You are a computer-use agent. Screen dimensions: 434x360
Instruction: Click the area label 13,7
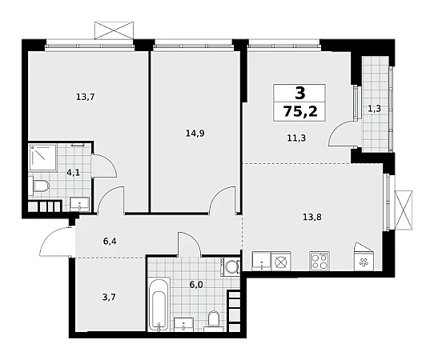pyautogui.click(x=85, y=97)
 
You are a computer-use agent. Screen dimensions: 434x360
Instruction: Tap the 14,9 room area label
pyautogui.click(x=195, y=134)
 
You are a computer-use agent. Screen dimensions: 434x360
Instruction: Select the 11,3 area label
pyautogui.click(x=296, y=138)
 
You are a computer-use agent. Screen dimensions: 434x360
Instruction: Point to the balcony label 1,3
pyautogui.click(x=375, y=109)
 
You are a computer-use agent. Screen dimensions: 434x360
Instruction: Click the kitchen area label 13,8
pyautogui.click(x=312, y=217)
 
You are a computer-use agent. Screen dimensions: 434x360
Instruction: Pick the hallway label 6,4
pyautogui.click(x=110, y=242)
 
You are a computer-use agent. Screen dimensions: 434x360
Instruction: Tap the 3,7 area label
pyautogui.click(x=109, y=298)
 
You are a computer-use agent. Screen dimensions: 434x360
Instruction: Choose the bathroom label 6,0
pyautogui.click(x=195, y=285)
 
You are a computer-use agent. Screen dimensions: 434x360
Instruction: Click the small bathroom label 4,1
pyautogui.click(x=74, y=173)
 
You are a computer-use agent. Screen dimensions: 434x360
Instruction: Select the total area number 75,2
pyautogui.click(x=299, y=111)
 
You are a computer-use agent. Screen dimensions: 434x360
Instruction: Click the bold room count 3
pyautogui.click(x=300, y=93)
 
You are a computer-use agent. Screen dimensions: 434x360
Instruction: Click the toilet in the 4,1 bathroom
pyautogui.click(x=38, y=186)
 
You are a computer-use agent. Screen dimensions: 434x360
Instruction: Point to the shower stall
pyautogui.click(x=43, y=157)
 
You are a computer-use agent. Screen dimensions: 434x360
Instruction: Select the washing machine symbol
pyautogui.click(x=230, y=266)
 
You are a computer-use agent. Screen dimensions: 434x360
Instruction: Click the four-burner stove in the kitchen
pyautogui.click(x=319, y=261)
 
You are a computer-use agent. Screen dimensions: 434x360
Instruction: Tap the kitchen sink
pyautogui.click(x=261, y=261)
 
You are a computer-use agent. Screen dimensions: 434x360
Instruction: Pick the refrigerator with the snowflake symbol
pyautogui.click(x=364, y=256)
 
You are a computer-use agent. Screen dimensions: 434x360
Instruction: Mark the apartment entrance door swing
pyautogui.click(x=55, y=242)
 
